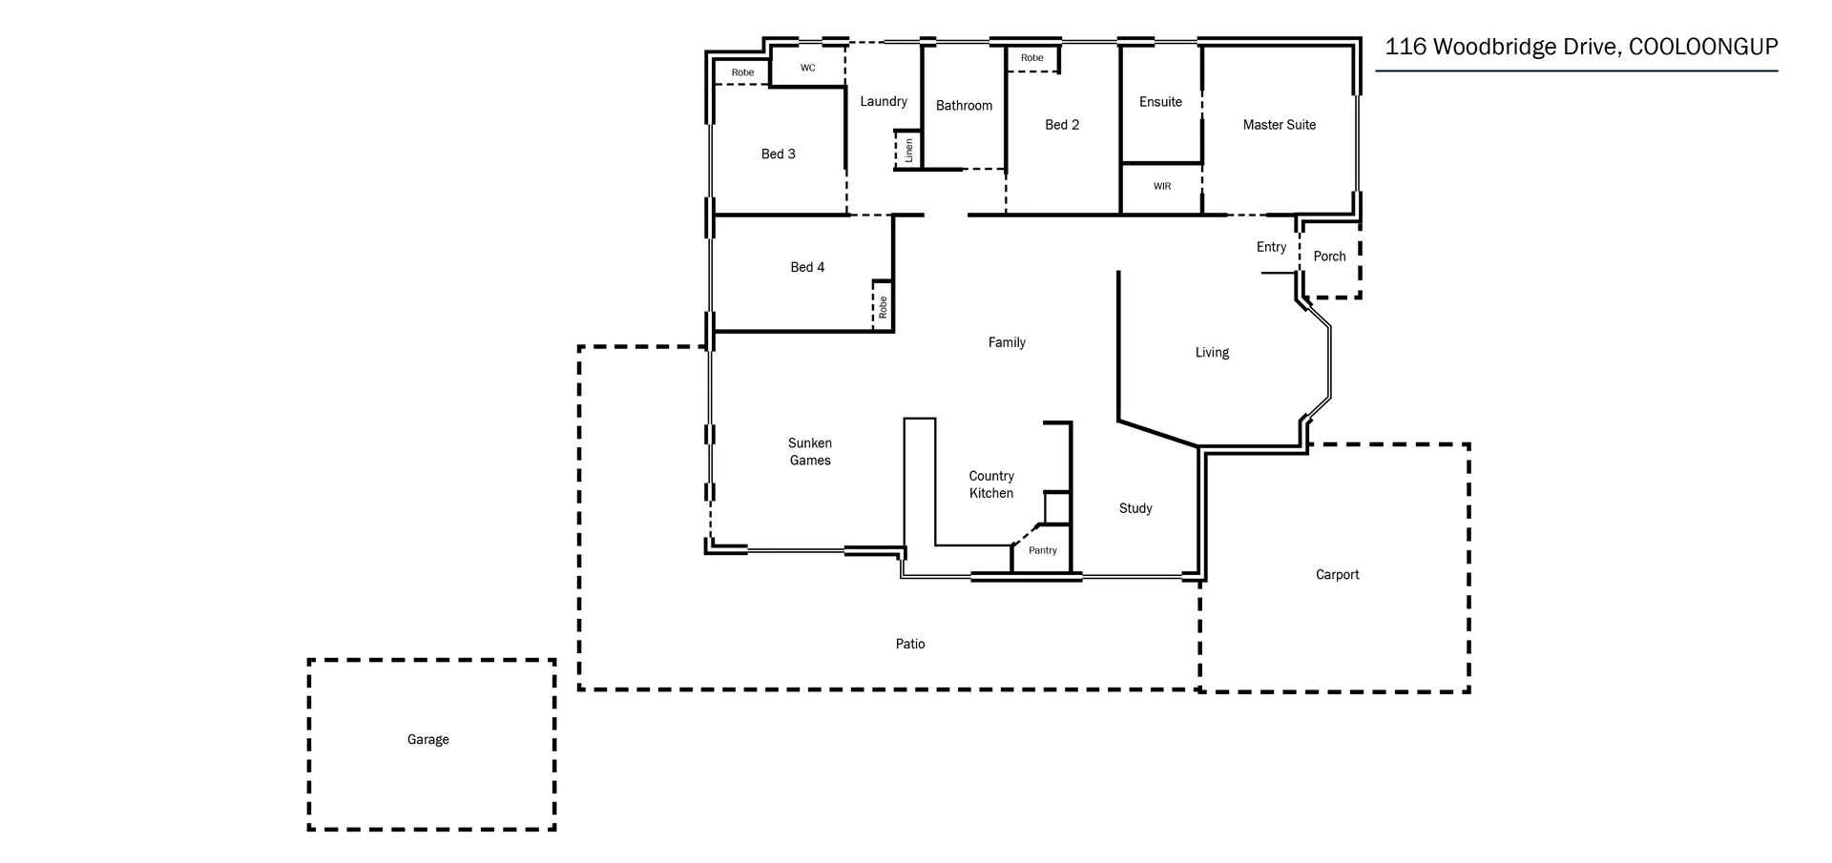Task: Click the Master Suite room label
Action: point(1279,125)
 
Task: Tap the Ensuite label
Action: point(1160,102)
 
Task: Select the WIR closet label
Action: point(1161,186)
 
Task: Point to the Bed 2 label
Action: point(1062,125)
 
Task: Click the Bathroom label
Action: point(964,106)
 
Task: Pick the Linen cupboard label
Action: point(908,151)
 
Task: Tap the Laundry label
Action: point(884,101)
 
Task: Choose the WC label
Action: point(807,68)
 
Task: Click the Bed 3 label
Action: point(778,154)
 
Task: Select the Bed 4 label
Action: point(807,267)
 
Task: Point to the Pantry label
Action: point(1042,550)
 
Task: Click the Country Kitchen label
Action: point(991,484)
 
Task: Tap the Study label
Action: point(1135,508)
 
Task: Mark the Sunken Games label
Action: point(809,451)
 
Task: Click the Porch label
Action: point(1329,257)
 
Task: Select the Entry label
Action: point(1271,247)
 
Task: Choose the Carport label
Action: point(1337,574)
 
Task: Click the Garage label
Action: point(427,739)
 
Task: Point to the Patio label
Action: point(909,644)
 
